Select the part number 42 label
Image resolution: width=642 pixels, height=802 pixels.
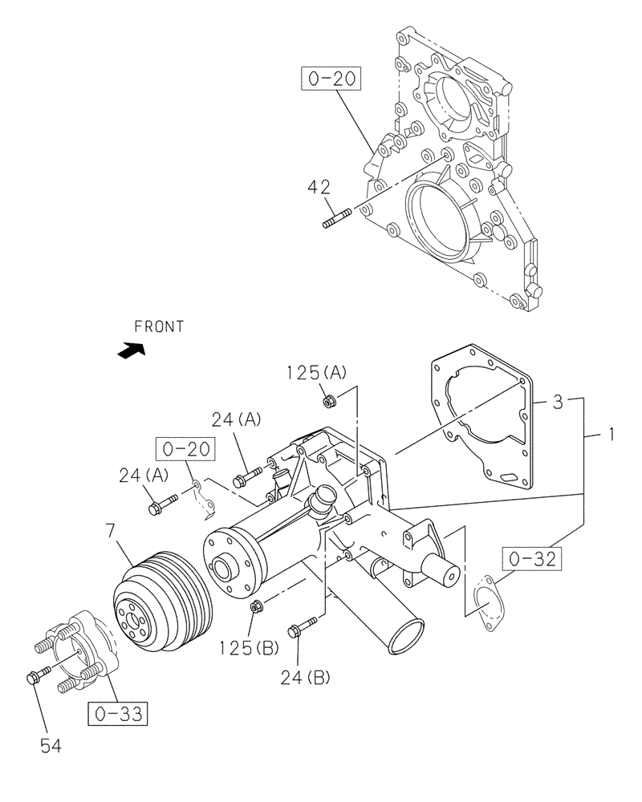point(319,188)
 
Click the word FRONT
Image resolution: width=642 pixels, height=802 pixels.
point(159,326)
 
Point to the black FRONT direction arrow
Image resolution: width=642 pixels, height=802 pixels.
point(131,350)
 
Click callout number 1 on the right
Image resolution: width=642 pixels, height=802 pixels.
point(611,435)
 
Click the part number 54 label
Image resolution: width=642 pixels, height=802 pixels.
point(51,747)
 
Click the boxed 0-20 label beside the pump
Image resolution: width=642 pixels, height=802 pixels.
point(185,449)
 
